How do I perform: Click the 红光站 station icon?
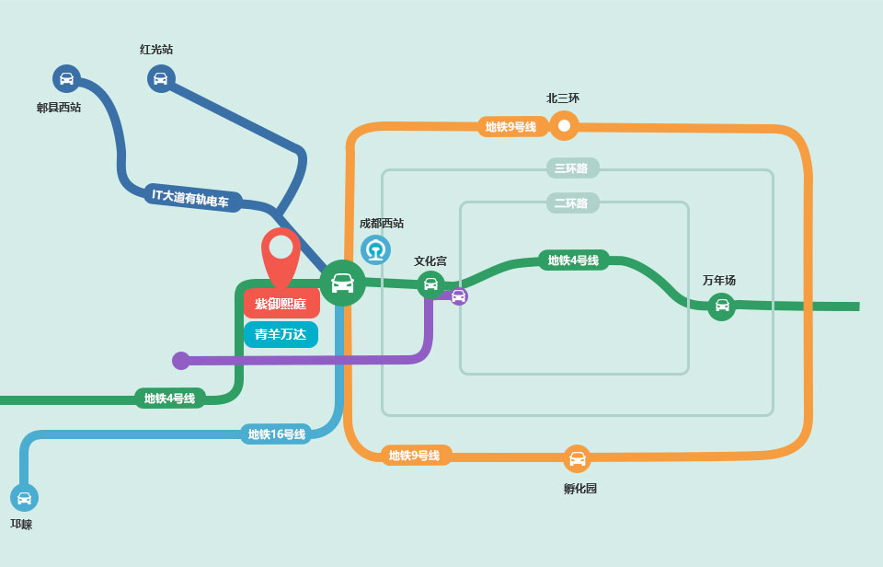click(161, 78)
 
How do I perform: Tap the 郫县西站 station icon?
click(66, 78)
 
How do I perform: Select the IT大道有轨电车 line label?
click(191, 198)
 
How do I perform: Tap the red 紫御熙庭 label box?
click(281, 304)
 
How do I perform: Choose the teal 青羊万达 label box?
click(281, 334)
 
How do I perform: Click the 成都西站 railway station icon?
click(375, 249)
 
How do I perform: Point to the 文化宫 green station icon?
click(430, 284)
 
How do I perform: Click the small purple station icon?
click(458, 295)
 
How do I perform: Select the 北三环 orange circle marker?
click(564, 125)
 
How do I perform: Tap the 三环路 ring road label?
click(571, 168)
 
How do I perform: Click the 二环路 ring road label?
click(571, 202)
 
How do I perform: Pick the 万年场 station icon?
click(721, 306)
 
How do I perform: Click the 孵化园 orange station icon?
click(577, 458)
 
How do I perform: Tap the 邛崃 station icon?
click(24, 498)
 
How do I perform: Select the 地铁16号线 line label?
click(276, 434)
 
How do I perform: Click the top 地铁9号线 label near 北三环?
click(511, 127)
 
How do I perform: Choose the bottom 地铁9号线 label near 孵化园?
click(415, 456)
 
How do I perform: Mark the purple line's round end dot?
click(181, 361)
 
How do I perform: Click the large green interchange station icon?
click(342, 283)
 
